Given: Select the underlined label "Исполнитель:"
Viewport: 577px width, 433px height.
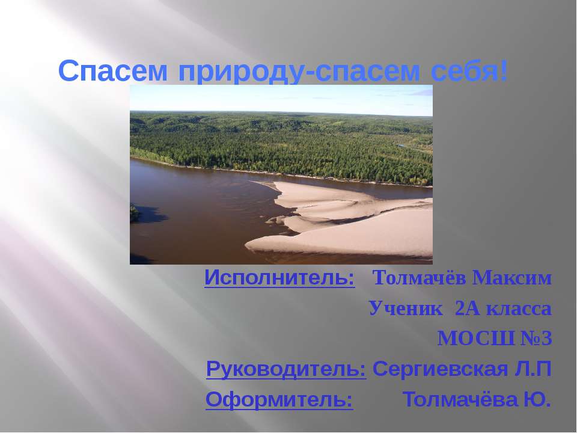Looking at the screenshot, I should (x=279, y=278).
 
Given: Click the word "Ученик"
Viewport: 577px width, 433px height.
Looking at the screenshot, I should (x=408, y=309).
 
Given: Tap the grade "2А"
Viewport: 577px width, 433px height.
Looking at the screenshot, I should (x=468, y=309).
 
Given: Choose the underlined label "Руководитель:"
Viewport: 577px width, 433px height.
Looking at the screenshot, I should (x=286, y=369).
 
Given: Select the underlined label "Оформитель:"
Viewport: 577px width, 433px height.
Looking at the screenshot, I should (x=279, y=399).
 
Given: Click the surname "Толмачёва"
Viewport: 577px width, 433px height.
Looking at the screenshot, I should (x=458, y=399).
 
